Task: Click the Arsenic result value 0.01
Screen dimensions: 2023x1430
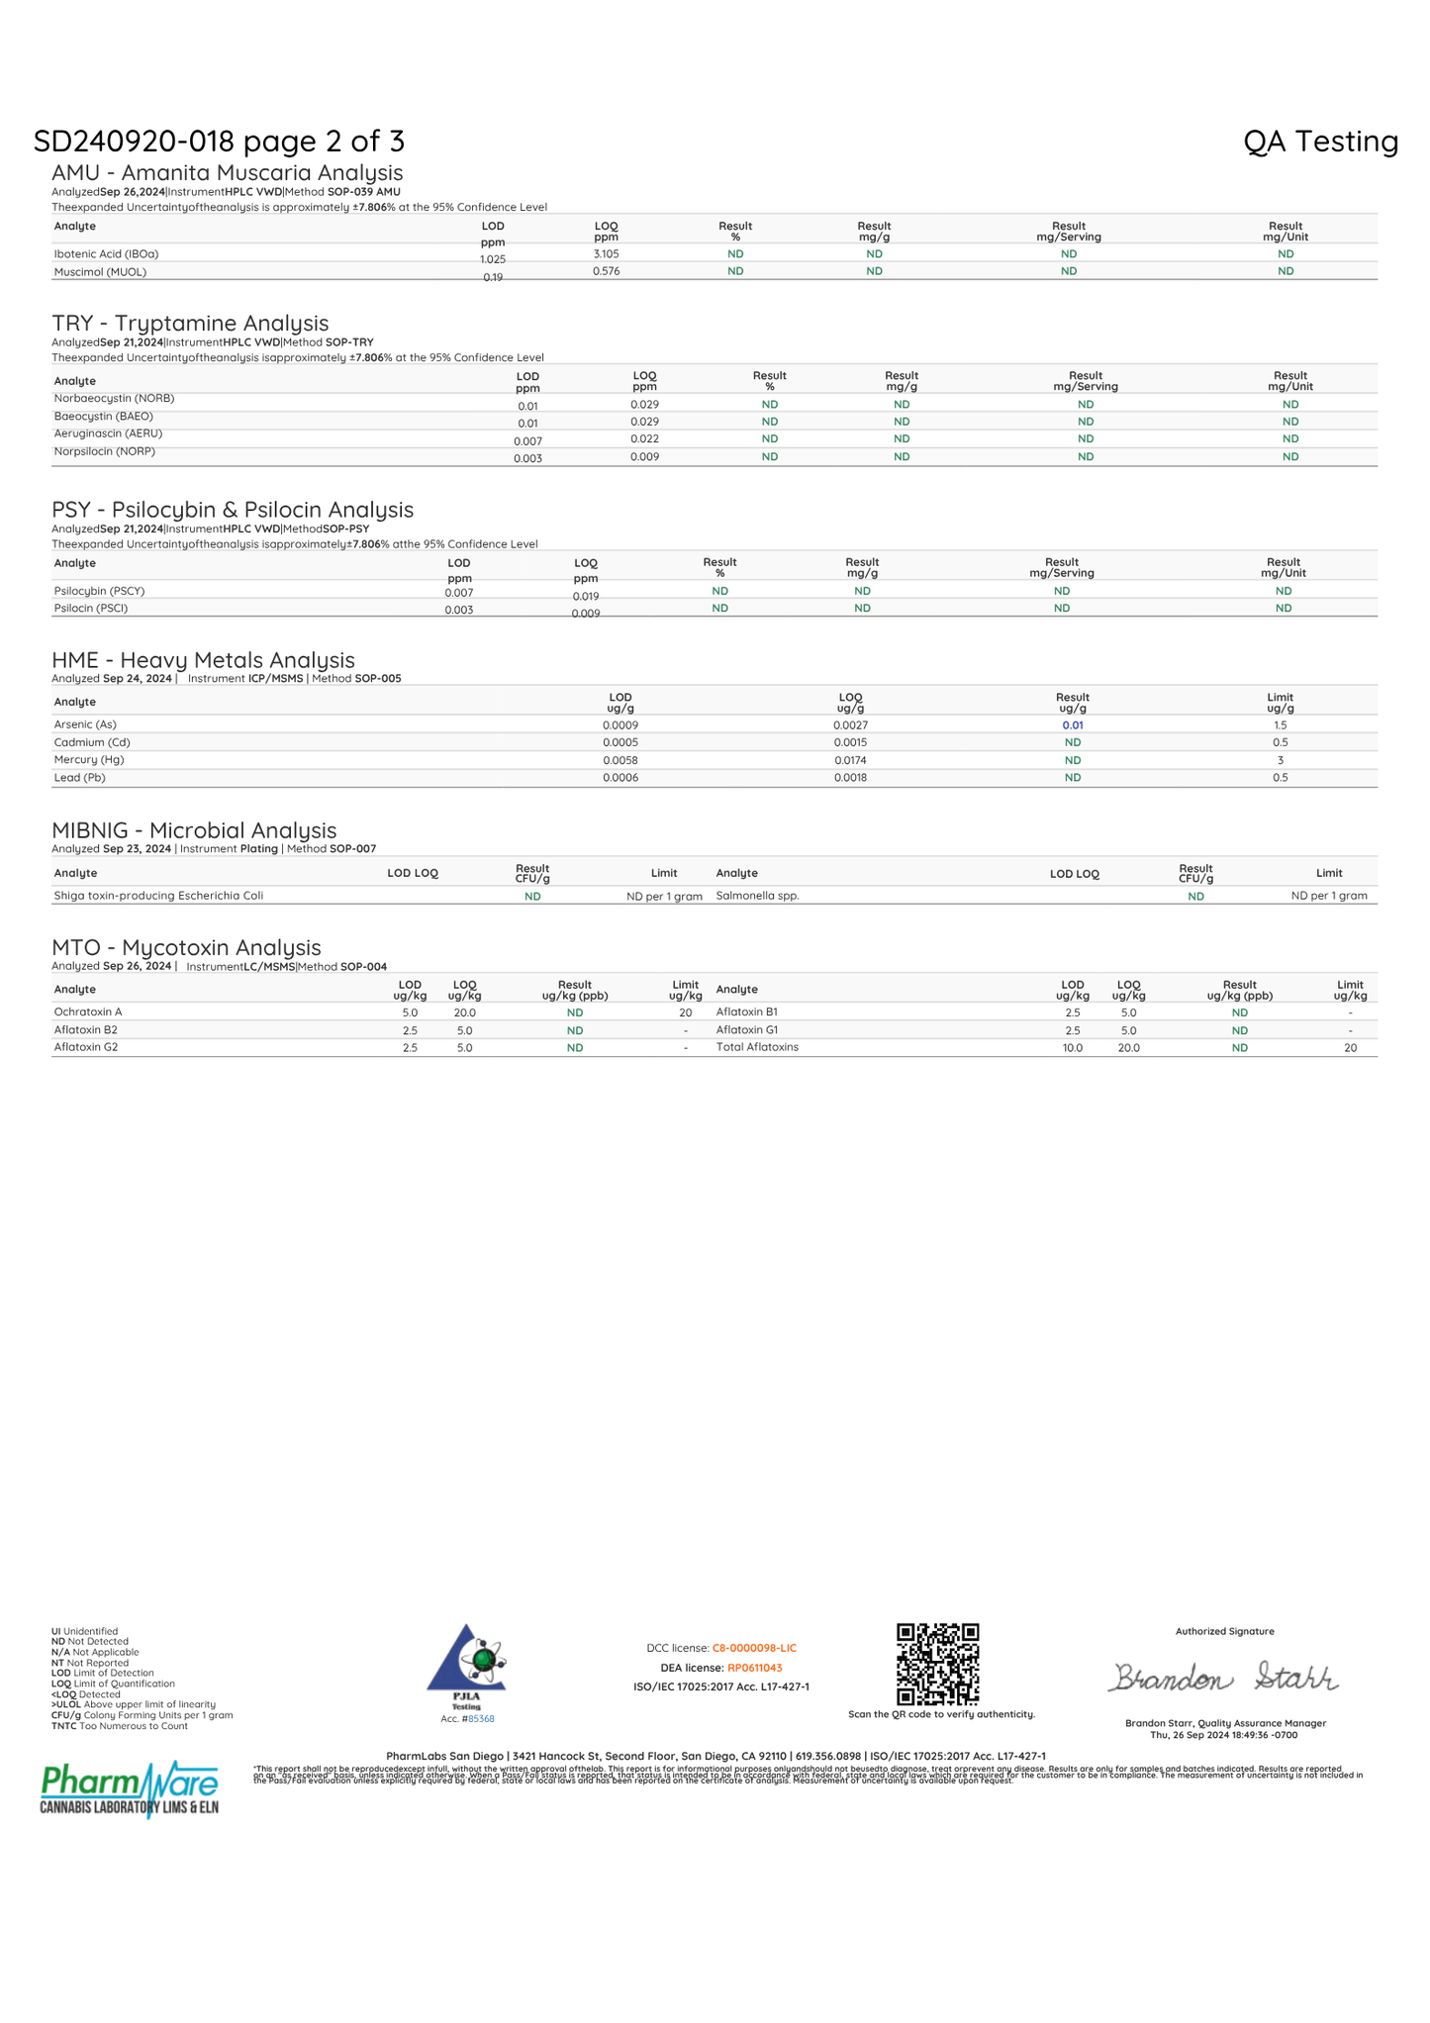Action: click(1072, 725)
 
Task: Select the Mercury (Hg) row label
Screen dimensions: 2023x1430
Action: click(89, 760)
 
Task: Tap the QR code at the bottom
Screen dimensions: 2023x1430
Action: click(937, 1663)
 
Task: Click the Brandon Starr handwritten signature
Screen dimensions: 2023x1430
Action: click(1223, 1677)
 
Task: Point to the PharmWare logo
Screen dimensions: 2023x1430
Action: click(130, 1788)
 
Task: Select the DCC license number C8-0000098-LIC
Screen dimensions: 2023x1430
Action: click(754, 1648)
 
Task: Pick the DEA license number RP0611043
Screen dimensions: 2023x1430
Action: click(754, 1668)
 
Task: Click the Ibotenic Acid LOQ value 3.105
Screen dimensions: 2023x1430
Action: click(606, 254)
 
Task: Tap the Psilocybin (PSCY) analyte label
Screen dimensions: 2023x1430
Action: click(99, 591)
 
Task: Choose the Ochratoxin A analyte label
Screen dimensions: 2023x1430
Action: click(88, 1012)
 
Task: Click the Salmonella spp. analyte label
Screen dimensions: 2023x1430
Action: click(757, 896)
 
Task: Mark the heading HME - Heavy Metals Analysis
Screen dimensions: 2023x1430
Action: click(203, 660)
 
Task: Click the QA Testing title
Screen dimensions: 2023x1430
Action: click(1320, 142)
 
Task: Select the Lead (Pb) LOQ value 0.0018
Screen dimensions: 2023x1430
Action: click(850, 778)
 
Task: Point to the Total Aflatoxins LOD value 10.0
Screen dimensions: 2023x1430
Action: click(1072, 1047)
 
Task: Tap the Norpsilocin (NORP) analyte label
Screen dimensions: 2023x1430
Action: click(104, 452)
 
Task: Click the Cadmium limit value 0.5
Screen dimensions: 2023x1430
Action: click(1280, 742)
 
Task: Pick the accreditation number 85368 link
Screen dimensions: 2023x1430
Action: click(481, 1719)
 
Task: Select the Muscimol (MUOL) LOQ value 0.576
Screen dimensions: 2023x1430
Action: click(606, 271)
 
